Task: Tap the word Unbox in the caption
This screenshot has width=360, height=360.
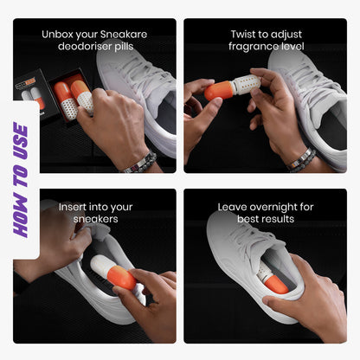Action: [56, 35]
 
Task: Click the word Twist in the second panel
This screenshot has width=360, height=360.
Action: [246, 35]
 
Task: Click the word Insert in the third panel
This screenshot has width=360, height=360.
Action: [74, 208]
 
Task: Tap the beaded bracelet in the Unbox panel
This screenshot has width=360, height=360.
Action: [140, 162]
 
